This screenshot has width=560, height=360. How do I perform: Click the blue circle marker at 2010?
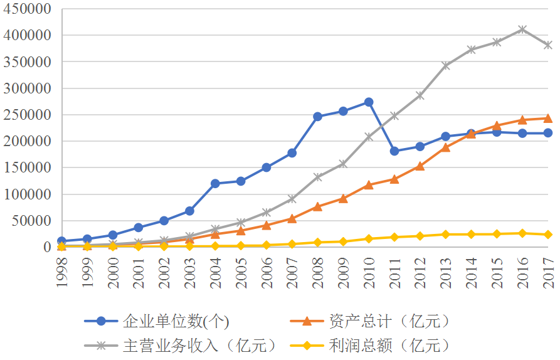click(369, 102)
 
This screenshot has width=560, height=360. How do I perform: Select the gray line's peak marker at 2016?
click(522, 29)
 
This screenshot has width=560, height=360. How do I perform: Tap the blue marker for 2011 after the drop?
click(394, 151)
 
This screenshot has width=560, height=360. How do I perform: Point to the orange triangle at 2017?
click(548, 118)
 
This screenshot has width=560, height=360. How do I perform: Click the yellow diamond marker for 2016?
click(522, 233)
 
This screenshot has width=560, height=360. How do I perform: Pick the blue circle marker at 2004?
click(215, 184)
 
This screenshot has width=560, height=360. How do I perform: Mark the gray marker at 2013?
click(446, 65)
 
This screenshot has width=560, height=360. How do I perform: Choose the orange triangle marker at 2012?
click(420, 166)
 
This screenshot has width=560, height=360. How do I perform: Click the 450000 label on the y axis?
click(28, 9)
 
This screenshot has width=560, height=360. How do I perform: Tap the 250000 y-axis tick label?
click(28, 115)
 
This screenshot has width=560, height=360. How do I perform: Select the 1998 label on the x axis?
click(61, 272)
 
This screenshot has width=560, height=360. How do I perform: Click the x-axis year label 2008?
click(317, 272)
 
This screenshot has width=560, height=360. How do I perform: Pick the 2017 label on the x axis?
click(548, 272)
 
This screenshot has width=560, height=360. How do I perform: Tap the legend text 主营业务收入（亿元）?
click(199, 345)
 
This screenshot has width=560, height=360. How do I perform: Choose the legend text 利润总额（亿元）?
click(389, 345)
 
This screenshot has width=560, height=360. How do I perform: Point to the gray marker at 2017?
click(548, 45)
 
